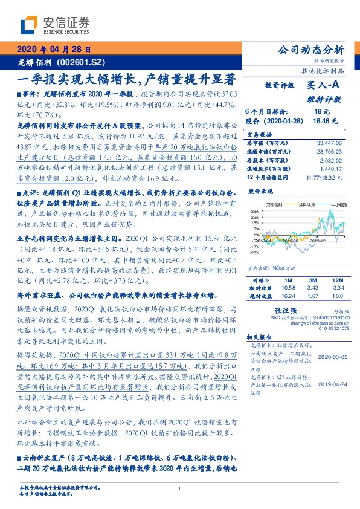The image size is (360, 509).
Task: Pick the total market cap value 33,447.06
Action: (329, 143)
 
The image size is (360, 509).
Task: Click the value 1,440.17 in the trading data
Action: (331, 171)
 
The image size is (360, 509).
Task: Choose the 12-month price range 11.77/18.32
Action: (328, 178)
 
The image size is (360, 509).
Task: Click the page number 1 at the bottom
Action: (180, 488)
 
